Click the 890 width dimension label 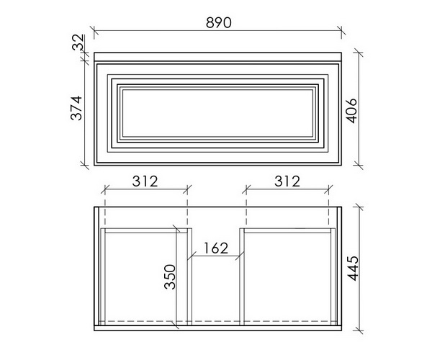(x=218, y=22)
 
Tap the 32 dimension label (x=78, y=42)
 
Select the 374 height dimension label (x=76, y=108)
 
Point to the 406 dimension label (x=351, y=110)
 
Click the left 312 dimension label (x=145, y=181)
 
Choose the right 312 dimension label (x=287, y=181)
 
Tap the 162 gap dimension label (x=216, y=248)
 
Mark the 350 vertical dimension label (x=169, y=276)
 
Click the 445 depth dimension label (x=353, y=269)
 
